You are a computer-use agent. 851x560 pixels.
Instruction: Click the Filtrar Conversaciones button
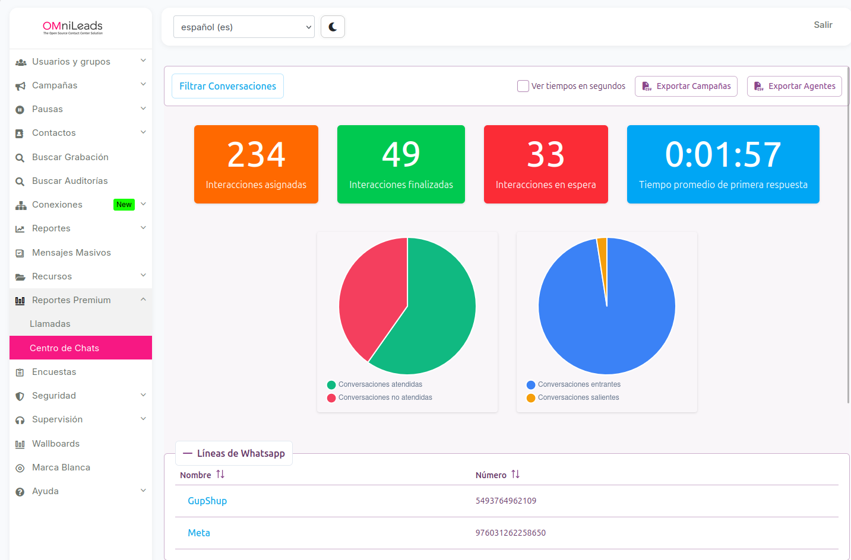tap(227, 86)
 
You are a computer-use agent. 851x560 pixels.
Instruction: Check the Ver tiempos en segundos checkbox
tap(523, 86)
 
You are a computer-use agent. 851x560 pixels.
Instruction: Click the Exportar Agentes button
tap(794, 86)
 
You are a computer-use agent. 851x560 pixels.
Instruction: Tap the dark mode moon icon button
tap(333, 27)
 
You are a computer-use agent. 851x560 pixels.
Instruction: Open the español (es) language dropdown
tap(244, 27)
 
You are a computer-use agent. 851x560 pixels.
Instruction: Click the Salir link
tap(823, 25)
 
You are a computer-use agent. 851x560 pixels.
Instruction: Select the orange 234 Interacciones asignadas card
tap(256, 164)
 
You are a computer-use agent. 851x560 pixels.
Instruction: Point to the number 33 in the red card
tap(546, 154)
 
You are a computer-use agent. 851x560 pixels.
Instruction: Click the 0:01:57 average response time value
tap(723, 154)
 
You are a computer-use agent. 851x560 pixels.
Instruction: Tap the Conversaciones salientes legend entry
tap(573, 397)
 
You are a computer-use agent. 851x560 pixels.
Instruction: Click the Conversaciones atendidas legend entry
tap(375, 384)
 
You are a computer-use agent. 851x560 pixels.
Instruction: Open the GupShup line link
tap(207, 501)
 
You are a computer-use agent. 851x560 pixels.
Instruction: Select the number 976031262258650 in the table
tap(511, 533)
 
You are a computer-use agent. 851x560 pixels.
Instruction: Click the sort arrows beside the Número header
tap(515, 474)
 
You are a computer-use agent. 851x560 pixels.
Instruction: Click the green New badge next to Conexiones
tap(124, 205)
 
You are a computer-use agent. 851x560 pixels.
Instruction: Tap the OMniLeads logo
tap(72, 27)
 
